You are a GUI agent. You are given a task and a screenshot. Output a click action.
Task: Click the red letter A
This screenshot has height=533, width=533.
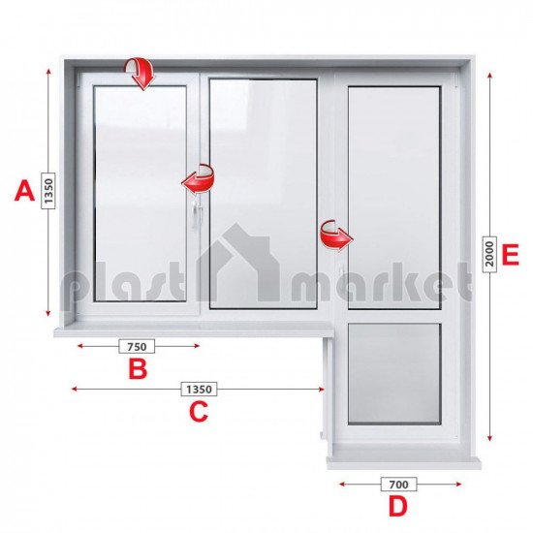pos(24,191)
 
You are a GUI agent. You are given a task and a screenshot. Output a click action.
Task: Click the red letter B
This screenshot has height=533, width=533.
pos(138,369)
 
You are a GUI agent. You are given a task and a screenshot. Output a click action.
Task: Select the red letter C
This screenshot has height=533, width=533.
pos(199,411)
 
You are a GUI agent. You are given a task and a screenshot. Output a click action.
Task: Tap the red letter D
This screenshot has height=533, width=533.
pos(398,507)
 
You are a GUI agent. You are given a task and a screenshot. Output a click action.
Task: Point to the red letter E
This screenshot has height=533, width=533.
pos(510,255)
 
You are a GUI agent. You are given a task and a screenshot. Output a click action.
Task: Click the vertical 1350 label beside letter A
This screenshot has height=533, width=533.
pos(48,191)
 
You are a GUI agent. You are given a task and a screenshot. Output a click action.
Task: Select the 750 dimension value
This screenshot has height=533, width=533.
pos(137,346)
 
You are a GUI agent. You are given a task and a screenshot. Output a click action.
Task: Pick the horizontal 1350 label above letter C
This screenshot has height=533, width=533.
pos(200,390)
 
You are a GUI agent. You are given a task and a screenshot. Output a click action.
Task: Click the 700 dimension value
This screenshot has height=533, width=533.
pos(398,484)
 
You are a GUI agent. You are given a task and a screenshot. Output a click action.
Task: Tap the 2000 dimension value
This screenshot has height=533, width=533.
pos(489,254)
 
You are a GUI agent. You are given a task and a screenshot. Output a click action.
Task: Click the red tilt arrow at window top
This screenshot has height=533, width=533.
pos(140,74)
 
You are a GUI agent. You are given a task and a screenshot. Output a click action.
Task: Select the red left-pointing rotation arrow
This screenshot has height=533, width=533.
pos(198,179)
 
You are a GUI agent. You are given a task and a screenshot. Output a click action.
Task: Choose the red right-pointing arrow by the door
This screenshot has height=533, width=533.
pos(336,235)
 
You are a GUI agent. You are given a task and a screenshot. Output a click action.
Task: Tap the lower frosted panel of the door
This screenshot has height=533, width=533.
pos(394,374)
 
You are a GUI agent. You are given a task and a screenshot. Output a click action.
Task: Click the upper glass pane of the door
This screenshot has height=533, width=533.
pos(394,198)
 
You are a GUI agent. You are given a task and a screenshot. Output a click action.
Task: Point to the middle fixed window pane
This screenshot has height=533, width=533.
pos(263,194)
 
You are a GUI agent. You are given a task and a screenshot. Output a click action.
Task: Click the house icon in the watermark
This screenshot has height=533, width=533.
pos(239,262)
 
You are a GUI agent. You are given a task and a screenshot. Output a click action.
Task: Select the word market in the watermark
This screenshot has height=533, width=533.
pos(382,282)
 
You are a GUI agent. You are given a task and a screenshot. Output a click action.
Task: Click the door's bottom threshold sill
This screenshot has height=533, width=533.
pos(404,463)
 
